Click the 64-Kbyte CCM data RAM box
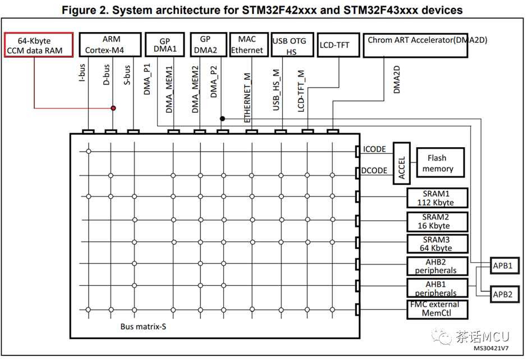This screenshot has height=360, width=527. [39, 45]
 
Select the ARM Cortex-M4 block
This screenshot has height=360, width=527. [110, 44]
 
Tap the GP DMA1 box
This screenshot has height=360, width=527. [164, 44]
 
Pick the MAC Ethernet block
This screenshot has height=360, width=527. [249, 44]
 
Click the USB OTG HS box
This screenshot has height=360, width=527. [292, 44]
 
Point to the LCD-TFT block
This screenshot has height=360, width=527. [338, 45]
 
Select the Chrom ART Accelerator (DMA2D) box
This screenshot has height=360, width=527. [415, 45]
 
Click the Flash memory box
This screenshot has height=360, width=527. [440, 162]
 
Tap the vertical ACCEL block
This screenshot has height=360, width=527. [402, 163]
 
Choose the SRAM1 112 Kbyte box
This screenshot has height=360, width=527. [437, 198]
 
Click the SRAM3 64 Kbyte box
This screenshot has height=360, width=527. [437, 244]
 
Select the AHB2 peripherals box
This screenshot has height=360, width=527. [437, 266]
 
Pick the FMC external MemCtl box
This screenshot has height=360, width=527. [437, 309]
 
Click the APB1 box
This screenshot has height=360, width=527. [505, 266]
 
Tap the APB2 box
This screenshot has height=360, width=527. [505, 294]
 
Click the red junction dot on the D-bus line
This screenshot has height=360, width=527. [113, 108]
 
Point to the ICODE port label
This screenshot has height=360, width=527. [374, 149]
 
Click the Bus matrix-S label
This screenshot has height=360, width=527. [143, 326]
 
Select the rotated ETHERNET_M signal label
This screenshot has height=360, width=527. [248, 98]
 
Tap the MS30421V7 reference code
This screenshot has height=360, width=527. [491, 348]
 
